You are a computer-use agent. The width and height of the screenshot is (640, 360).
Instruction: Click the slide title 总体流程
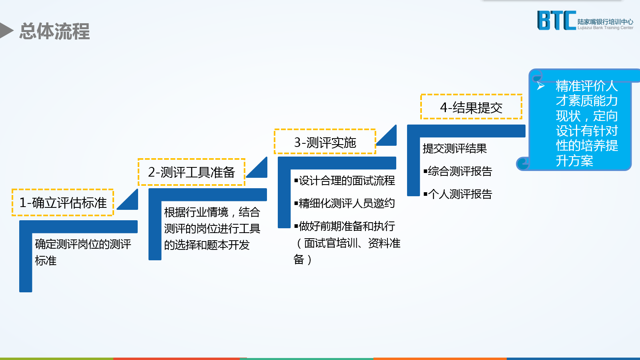(54, 31)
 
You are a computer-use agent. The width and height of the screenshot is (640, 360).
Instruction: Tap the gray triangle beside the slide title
(5, 30)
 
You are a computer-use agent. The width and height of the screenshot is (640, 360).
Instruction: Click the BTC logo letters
(556, 20)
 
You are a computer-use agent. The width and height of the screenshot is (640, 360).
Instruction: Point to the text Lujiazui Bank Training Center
(606, 28)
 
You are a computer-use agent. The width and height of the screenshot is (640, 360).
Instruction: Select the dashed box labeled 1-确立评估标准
(63, 203)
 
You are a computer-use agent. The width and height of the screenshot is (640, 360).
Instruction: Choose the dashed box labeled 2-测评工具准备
(191, 172)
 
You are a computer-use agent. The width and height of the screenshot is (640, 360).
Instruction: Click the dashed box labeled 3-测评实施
(325, 142)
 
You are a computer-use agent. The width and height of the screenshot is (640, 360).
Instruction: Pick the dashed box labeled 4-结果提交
(471, 107)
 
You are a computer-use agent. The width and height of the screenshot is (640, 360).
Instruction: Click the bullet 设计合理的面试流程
(345, 181)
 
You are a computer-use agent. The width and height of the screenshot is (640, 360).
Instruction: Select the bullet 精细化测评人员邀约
(345, 203)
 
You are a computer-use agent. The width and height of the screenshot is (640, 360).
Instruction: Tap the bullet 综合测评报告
(458, 171)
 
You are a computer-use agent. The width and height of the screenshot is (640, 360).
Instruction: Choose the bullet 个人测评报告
(458, 194)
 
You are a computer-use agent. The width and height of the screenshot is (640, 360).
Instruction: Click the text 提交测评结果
(455, 149)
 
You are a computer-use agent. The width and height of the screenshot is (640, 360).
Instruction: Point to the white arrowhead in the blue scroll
(541, 86)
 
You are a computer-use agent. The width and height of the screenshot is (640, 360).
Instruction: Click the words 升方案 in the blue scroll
(574, 161)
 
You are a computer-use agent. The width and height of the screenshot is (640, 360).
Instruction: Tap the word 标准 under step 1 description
(46, 261)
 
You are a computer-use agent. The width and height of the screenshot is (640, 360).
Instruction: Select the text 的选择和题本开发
(207, 245)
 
